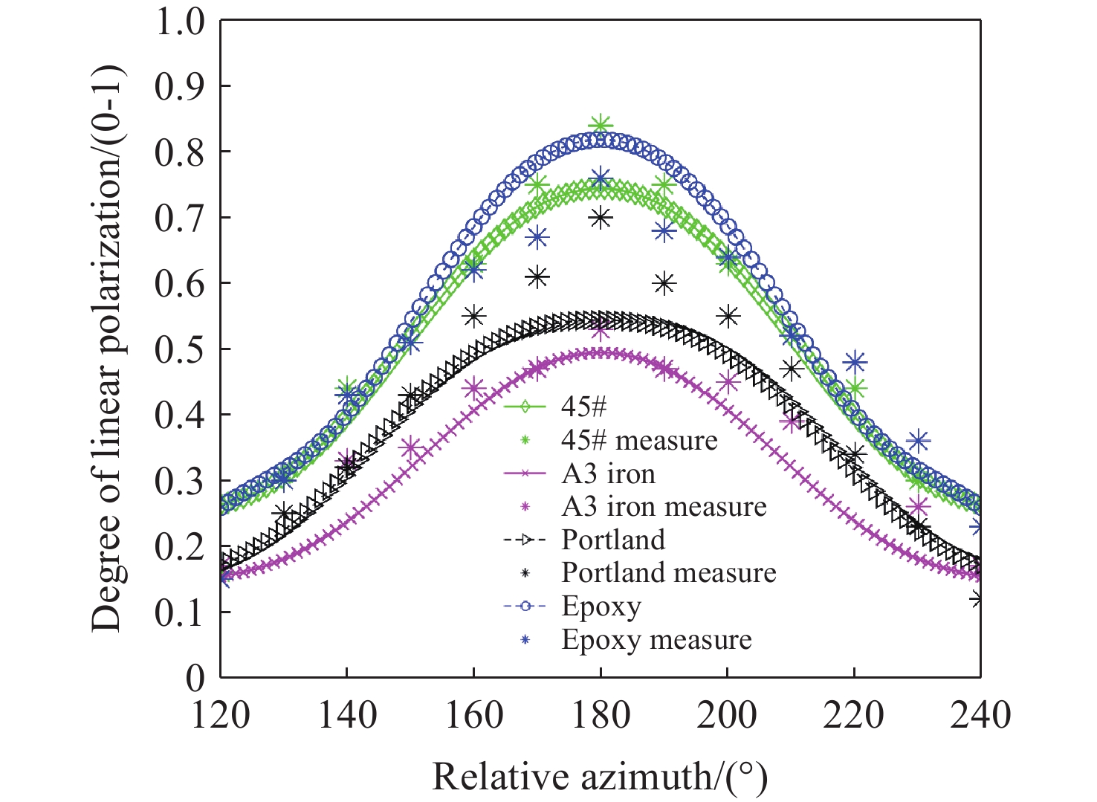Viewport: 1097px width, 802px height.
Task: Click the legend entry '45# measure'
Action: tap(638, 440)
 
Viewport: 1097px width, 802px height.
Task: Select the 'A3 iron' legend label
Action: tap(608, 473)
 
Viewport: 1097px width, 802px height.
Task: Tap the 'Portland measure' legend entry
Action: tap(668, 572)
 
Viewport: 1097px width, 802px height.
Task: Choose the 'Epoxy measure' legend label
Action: tap(656, 639)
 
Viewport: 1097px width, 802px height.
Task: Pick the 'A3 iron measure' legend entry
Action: tap(664, 506)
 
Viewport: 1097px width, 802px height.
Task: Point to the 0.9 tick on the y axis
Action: tap(179, 86)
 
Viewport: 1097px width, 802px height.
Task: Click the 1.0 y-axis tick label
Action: tap(179, 21)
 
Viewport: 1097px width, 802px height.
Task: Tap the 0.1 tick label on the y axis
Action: tap(179, 612)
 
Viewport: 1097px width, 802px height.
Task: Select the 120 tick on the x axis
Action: tap(221, 715)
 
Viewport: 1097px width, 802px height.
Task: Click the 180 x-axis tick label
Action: tap(601, 715)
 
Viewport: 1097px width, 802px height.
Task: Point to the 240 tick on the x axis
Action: tap(980, 715)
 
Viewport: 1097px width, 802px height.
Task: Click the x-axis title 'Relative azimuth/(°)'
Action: tap(599, 777)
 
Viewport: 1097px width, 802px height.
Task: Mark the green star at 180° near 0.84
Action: tap(601, 125)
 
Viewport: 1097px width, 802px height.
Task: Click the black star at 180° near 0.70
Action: tap(601, 217)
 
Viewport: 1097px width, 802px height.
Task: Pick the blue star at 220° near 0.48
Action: tap(855, 362)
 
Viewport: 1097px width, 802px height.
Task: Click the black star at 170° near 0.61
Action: tap(537, 277)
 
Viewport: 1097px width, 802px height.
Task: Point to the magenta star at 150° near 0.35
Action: tap(411, 448)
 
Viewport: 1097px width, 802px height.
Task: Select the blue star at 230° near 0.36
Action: tap(919, 442)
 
